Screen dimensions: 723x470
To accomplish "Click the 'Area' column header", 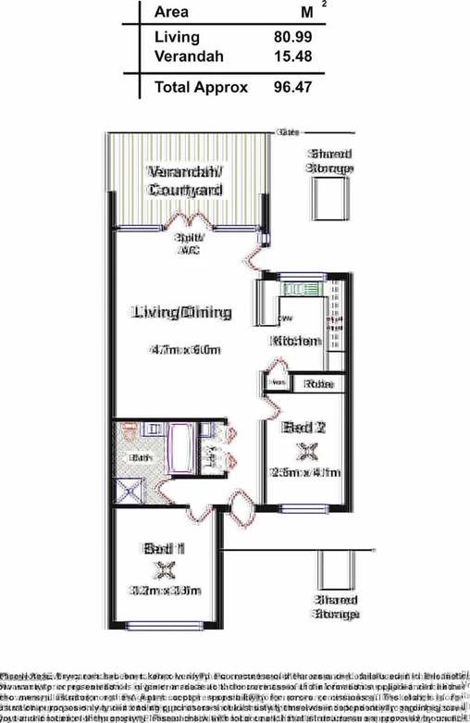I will (171, 12).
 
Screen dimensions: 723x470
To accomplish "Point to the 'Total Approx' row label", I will (201, 87).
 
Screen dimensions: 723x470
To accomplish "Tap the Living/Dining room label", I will (180, 312).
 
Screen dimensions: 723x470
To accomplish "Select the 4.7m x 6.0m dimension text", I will (184, 350).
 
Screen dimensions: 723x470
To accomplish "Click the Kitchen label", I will (294, 341).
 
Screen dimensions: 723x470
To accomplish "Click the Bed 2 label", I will (303, 428).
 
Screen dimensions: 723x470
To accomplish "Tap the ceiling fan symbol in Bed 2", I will (303, 451).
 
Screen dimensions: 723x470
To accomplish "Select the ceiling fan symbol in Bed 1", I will (165, 569).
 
